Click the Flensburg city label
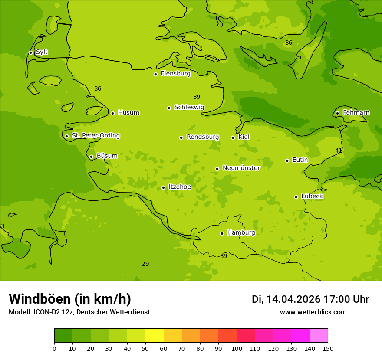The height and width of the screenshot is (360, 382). pos(175,74)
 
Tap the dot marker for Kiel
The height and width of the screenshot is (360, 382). pos(233,137)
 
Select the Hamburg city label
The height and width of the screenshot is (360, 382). pos(241,233)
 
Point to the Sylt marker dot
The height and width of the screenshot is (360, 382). pos(30,52)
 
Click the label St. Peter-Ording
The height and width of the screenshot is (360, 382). pos(95,136)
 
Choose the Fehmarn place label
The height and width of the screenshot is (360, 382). pos(356,113)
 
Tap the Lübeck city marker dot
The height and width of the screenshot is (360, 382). pos(296,197)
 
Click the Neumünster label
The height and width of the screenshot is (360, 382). pos(241,168)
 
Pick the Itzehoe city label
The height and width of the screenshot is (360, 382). pos(179,187)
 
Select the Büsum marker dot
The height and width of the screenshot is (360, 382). pos(91,157)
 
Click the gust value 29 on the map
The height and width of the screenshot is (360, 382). pos(145,264)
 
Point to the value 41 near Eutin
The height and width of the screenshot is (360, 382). pos(338,151)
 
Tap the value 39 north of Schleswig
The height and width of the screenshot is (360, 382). pos(197,97)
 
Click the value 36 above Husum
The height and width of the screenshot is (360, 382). pos(98,88)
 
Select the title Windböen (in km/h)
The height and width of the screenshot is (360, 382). pos(69,299)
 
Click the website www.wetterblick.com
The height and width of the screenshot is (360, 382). pos(313,312)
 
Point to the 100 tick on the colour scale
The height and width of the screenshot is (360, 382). pos(237,348)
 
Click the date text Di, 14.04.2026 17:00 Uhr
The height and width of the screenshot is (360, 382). pos(310,299)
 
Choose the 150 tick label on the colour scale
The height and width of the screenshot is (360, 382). pos(328,348)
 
